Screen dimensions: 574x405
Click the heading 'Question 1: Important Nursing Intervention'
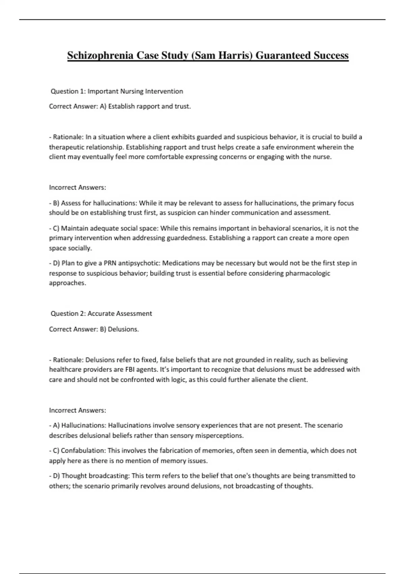pyautogui.click(x=117, y=91)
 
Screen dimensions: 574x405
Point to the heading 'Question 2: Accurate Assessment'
pyautogui.click(x=101, y=313)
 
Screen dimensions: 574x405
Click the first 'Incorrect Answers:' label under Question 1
pyautogui.click(x=78, y=187)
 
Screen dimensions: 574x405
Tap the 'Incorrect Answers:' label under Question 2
pyautogui.click(x=78, y=410)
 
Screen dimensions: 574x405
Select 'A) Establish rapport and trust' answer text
pyautogui.click(x=145, y=106)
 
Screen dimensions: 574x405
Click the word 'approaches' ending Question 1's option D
pyautogui.click(x=67, y=283)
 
